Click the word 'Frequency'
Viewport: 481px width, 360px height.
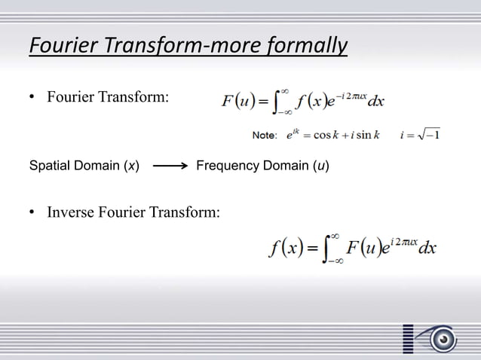click(228, 165)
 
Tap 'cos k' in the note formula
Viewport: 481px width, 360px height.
click(326, 136)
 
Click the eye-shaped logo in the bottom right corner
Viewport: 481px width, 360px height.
click(440, 339)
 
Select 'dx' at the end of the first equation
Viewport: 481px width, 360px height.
click(375, 100)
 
